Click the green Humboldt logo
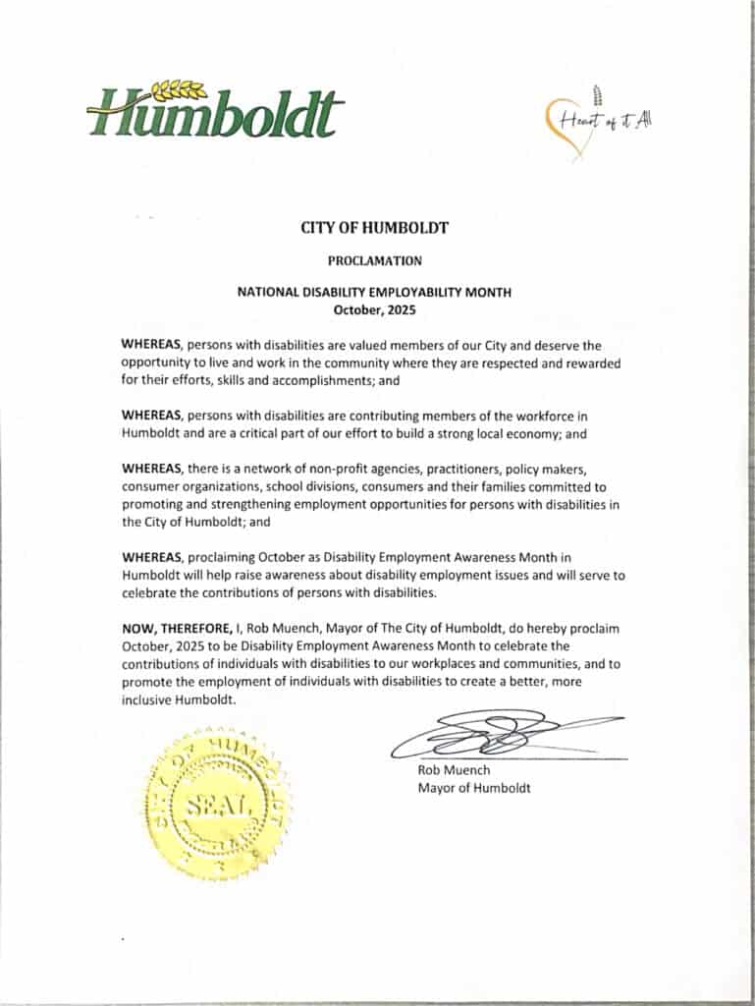point(215,110)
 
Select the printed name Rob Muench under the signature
point(454,770)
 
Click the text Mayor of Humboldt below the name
point(474,788)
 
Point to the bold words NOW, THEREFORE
point(174,627)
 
